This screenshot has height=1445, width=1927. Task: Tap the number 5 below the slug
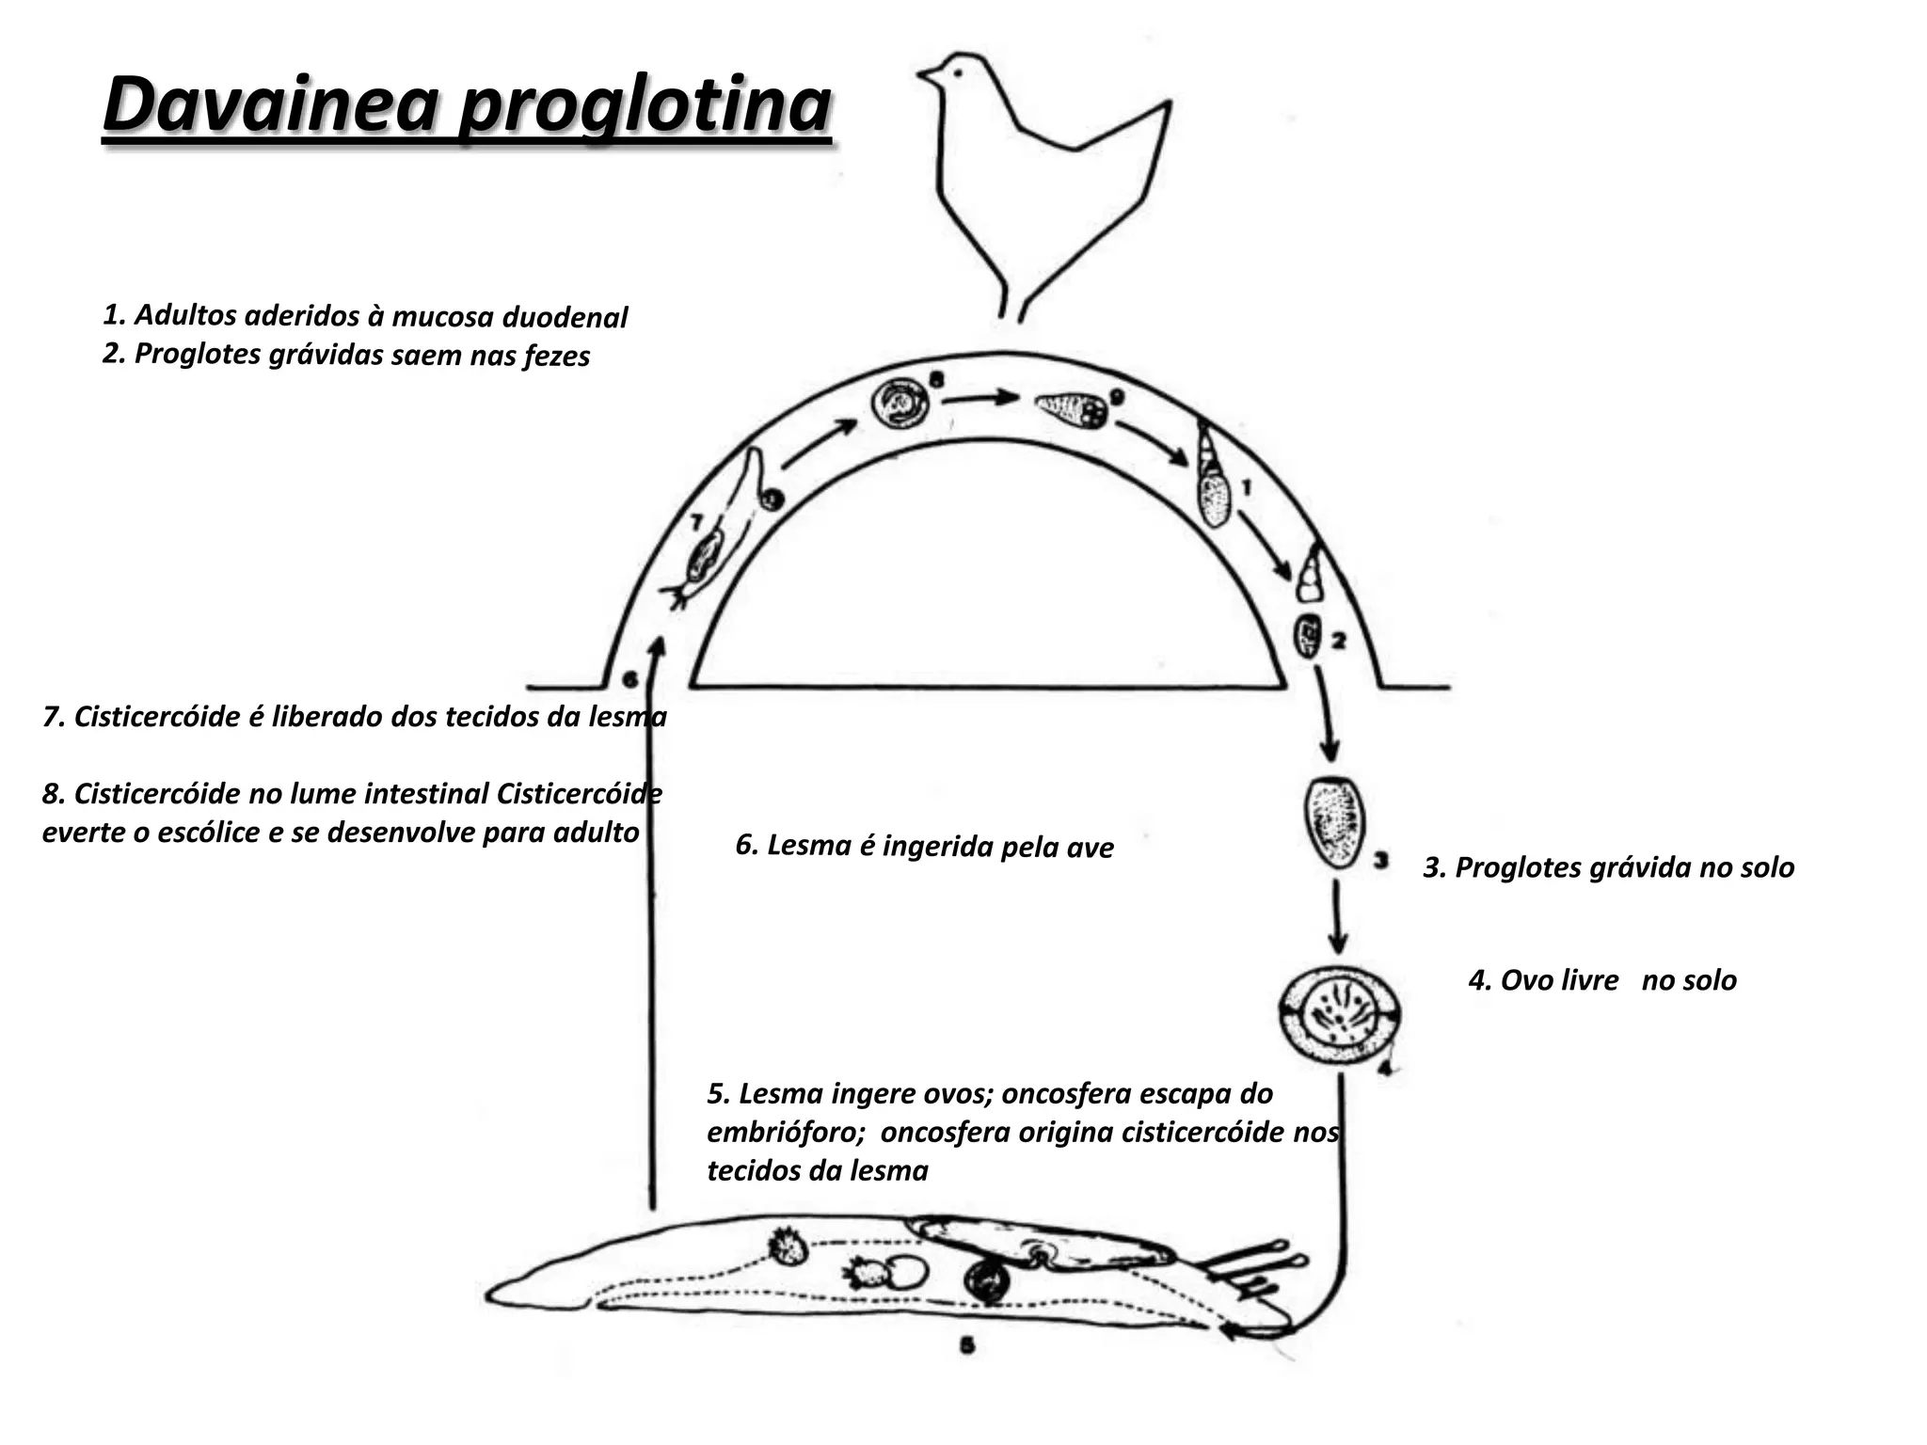(x=966, y=1346)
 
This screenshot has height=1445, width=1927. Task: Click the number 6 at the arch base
(x=630, y=679)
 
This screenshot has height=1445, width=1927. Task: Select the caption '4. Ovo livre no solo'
(x=1601, y=980)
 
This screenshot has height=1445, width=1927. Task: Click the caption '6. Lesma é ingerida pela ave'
(x=924, y=847)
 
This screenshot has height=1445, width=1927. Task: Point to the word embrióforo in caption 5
(x=786, y=1132)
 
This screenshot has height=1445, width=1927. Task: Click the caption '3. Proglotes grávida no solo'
(x=1608, y=867)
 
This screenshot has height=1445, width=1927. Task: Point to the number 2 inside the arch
(x=1338, y=642)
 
